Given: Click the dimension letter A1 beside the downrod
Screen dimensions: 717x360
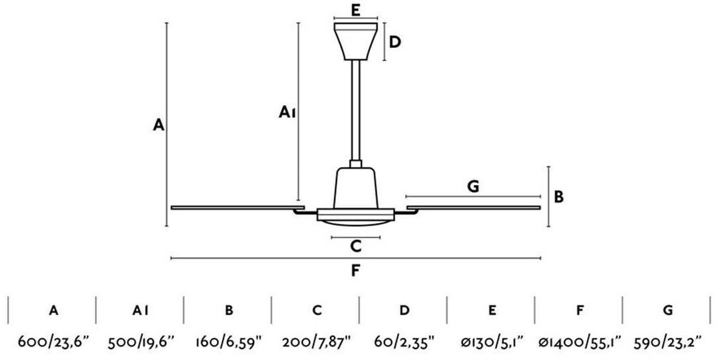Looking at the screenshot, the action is [x=287, y=112].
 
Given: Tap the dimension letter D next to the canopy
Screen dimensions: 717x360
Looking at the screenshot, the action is [x=394, y=42].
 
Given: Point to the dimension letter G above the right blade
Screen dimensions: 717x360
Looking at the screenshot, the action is [x=473, y=186].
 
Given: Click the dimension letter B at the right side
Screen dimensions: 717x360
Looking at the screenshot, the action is [x=559, y=196].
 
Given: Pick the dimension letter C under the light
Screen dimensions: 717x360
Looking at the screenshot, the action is [x=356, y=246].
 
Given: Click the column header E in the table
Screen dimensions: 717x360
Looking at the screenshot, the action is [x=493, y=310].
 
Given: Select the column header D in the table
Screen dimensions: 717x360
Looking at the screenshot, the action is [x=405, y=310].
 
